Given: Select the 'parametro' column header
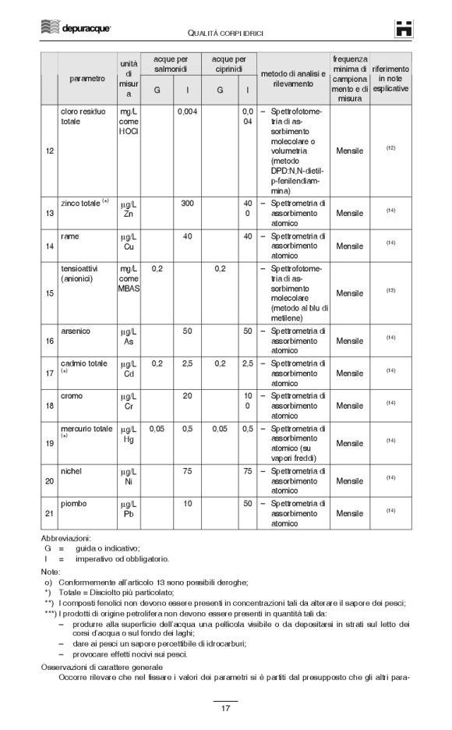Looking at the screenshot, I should click(x=87, y=79).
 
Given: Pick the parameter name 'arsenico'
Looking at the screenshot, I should click(x=76, y=331).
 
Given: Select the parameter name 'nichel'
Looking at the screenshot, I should click(x=71, y=470).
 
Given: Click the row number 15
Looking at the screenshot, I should click(x=50, y=293).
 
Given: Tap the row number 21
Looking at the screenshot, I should click(x=50, y=514).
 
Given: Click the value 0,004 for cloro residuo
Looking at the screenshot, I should click(x=187, y=112).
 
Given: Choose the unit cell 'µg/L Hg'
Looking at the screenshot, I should click(x=129, y=434).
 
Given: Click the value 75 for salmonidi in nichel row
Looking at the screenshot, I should click(x=187, y=470).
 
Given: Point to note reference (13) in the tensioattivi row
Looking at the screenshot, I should click(x=390, y=290).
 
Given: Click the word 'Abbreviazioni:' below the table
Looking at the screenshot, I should click(x=68, y=538).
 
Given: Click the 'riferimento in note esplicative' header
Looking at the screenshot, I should click(x=390, y=79).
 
